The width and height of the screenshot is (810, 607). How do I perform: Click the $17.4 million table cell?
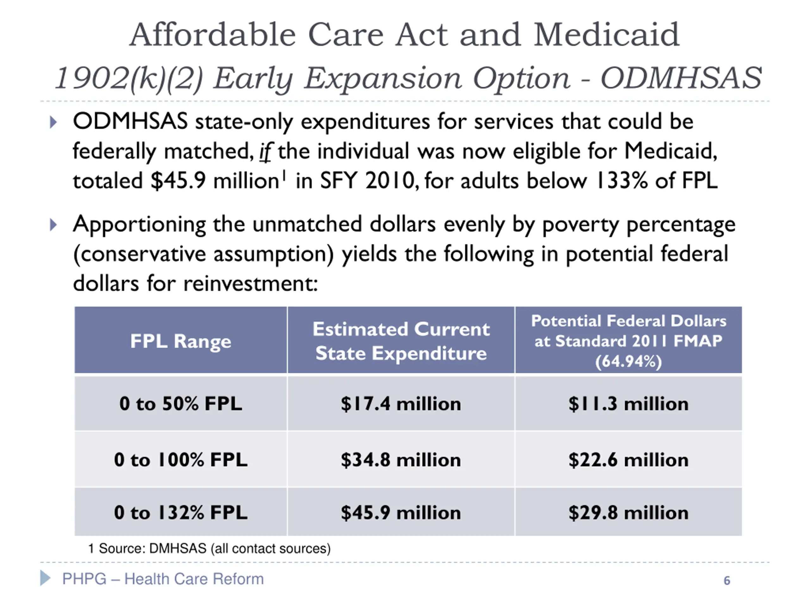tap(401, 404)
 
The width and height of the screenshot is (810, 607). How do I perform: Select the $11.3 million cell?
tap(628, 404)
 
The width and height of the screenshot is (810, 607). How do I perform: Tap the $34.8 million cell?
tap(401, 460)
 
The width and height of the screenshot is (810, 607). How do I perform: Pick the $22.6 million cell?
tap(628, 460)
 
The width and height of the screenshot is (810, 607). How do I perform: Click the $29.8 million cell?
tap(628, 512)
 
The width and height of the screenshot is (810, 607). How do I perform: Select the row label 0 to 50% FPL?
tap(181, 404)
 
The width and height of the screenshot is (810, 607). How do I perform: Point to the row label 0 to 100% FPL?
tap(181, 460)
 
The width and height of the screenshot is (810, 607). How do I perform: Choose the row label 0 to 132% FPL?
tap(181, 512)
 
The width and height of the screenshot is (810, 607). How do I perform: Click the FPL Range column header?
tap(181, 341)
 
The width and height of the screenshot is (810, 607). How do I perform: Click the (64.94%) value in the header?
tap(628, 361)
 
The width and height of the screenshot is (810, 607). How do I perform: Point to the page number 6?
tap(727, 581)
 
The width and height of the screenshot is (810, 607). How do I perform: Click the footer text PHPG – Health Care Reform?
tap(163, 579)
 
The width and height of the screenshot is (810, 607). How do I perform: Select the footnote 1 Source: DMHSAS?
tap(209, 549)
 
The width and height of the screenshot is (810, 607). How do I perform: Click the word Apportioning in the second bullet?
tap(139, 225)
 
